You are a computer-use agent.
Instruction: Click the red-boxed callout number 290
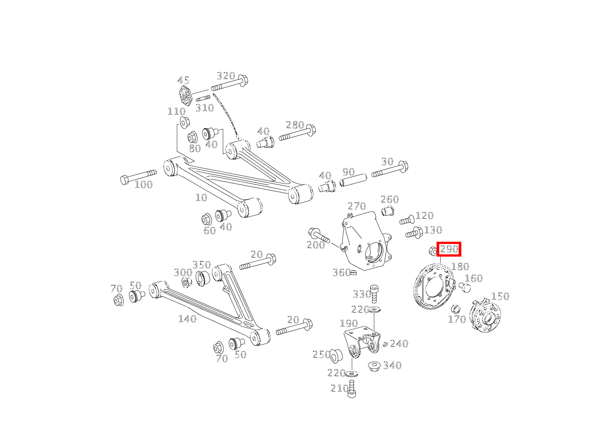tap(449, 249)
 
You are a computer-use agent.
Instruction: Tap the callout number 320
tap(226, 76)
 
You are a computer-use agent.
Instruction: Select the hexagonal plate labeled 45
tap(185, 96)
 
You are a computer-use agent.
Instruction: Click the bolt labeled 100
tap(138, 176)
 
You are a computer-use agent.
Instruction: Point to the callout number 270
tap(357, 206)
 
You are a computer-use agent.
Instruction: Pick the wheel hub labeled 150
tap(485, 316)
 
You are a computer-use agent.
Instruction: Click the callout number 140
tap(187, 319)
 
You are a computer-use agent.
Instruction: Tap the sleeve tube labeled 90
tap(353, 180)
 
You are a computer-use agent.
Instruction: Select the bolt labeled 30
tap(390, 170)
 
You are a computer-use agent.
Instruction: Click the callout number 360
tap(341, 272)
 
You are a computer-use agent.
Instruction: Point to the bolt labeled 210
tap(352, 389)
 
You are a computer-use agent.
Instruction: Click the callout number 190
tap(349, 323)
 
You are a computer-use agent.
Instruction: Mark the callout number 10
tap(201, 198)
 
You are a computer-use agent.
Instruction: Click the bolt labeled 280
tap(297, 133)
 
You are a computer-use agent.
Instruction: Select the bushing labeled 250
tap(336, 355)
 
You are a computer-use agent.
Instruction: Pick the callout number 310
tap(205, 108)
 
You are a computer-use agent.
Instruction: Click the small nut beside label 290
tap(433, 251)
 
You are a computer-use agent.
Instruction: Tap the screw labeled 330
tap(374, 294)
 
